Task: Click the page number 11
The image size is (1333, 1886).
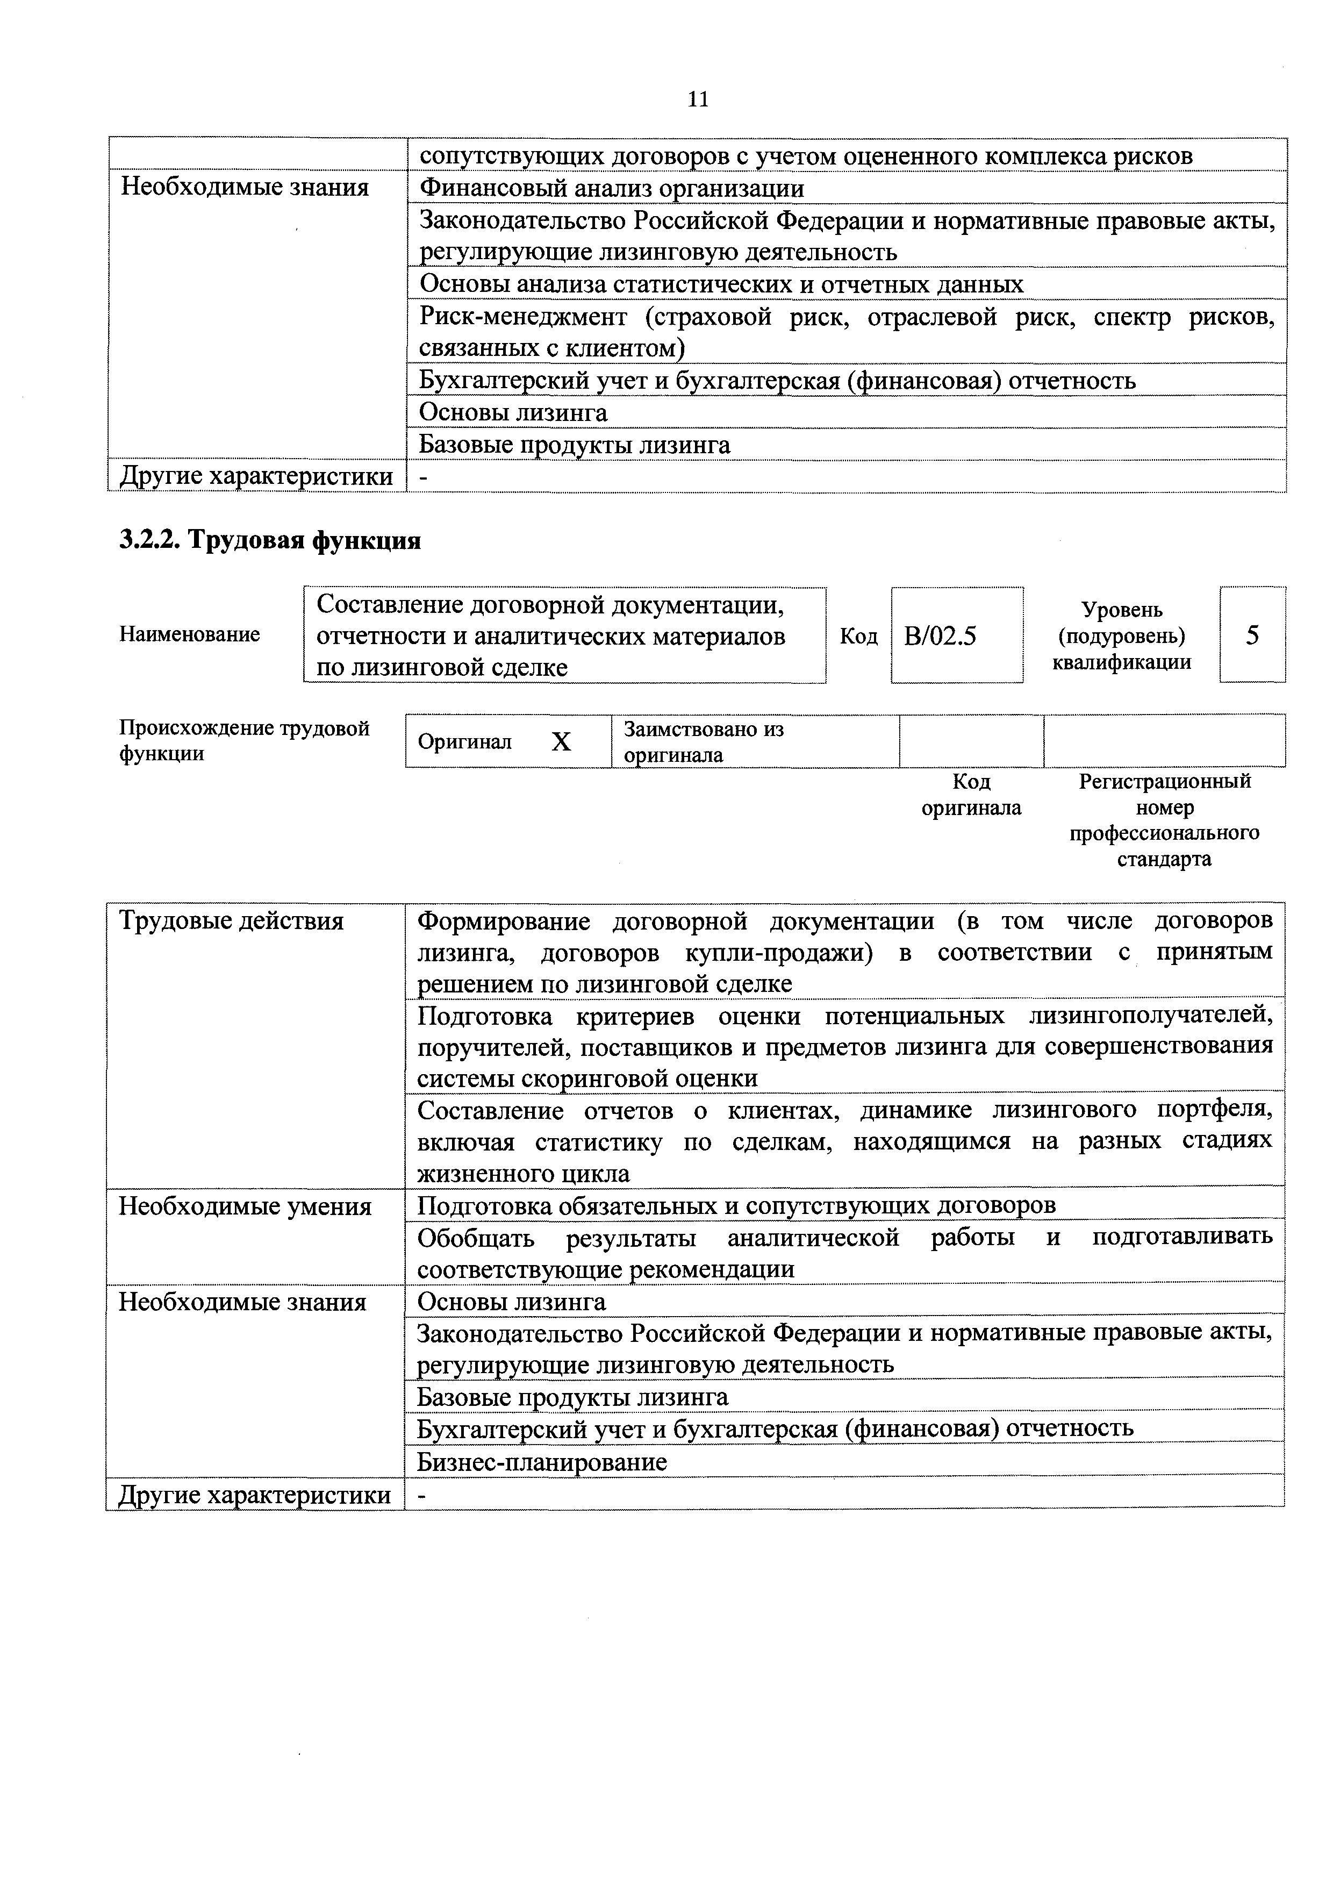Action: [x=697, y=99]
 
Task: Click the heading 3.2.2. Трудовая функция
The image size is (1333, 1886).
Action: [x=270, y=540]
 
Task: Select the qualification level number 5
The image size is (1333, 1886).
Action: [x=1252, y=635]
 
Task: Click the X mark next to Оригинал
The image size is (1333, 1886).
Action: [x=561, y=742]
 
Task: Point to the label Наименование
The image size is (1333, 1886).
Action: [x=190, y=634]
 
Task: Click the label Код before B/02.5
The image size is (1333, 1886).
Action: [x=858, y=637]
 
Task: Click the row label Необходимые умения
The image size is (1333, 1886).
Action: [x=245, y=1206]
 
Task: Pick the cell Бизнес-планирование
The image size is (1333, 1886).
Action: [x=542, y=1461]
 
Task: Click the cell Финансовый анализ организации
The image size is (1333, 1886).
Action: [x=612, y=188]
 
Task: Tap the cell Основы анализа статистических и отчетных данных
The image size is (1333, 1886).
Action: [x=721, y=284]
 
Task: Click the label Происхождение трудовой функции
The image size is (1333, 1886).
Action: [x=245, y=741]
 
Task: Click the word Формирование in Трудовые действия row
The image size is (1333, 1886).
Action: [x=504, y=921]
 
